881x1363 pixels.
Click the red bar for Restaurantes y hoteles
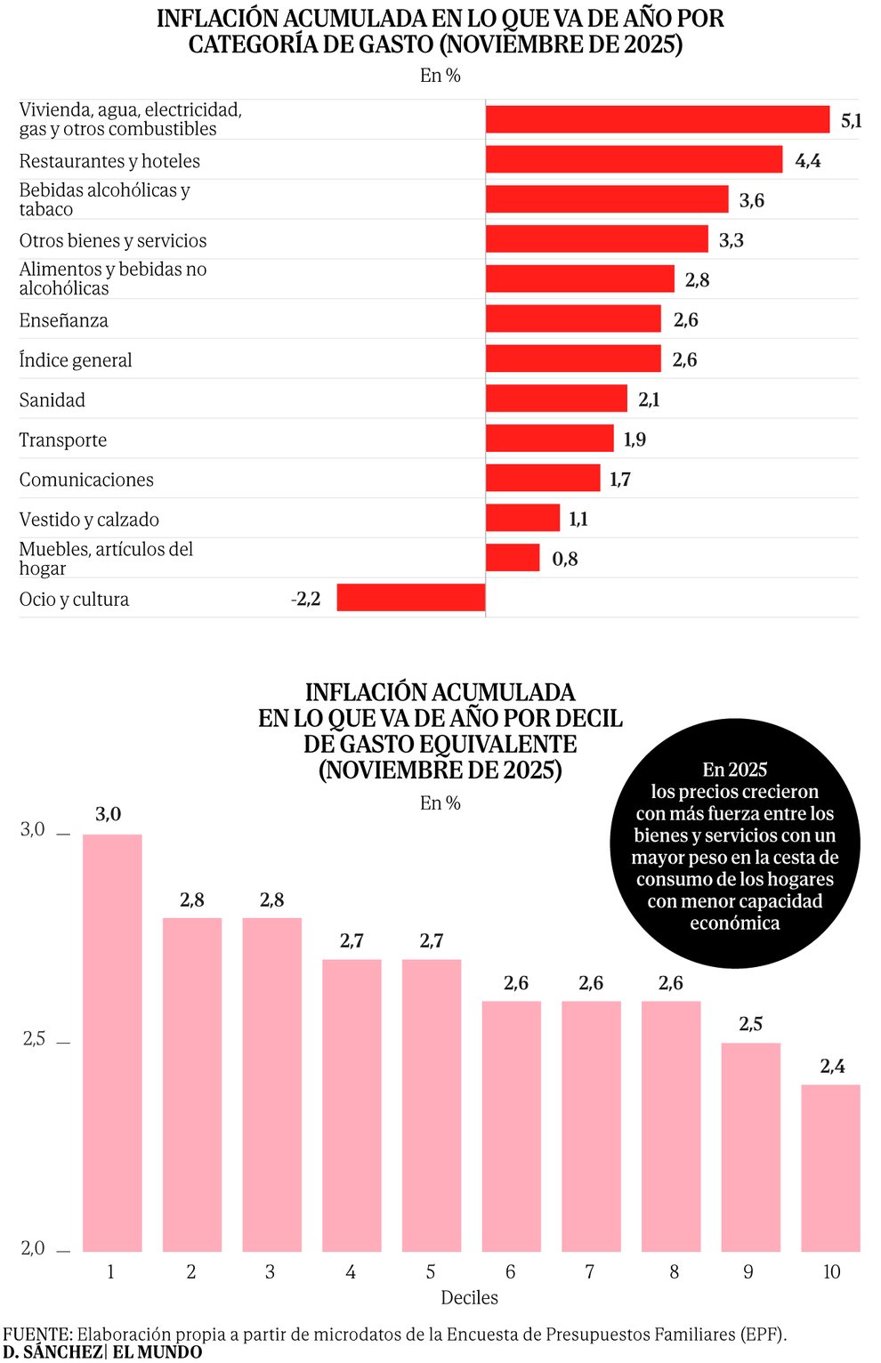(x=634, y=159)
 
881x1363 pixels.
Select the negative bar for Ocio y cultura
(x=410, y=598)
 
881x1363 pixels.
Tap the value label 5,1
(x=851, y=120)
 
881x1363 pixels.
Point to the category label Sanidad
(x=53, y=400)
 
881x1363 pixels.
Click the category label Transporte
(x=63, y=440)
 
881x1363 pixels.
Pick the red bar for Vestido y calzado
(x=522, y=518)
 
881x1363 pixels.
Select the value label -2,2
(x=305, y=599)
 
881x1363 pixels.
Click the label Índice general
(x=76, y=360)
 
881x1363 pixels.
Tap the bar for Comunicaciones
(x=543, y=478)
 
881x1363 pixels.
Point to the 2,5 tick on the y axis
(x=34, y=1039)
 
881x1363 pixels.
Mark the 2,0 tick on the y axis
(x=33, y=1248)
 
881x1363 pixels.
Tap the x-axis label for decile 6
(x=511, y=1272)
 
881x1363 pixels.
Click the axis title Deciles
(x=469, y=1298)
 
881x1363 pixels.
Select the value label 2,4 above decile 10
(x=832, y=1066)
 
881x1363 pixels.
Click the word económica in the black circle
(x=734, y=923)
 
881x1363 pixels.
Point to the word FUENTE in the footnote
(x=36, y=1335)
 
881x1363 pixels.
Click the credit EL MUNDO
(x=158, y=1352)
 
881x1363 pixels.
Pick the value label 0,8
(x=565, y=559)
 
